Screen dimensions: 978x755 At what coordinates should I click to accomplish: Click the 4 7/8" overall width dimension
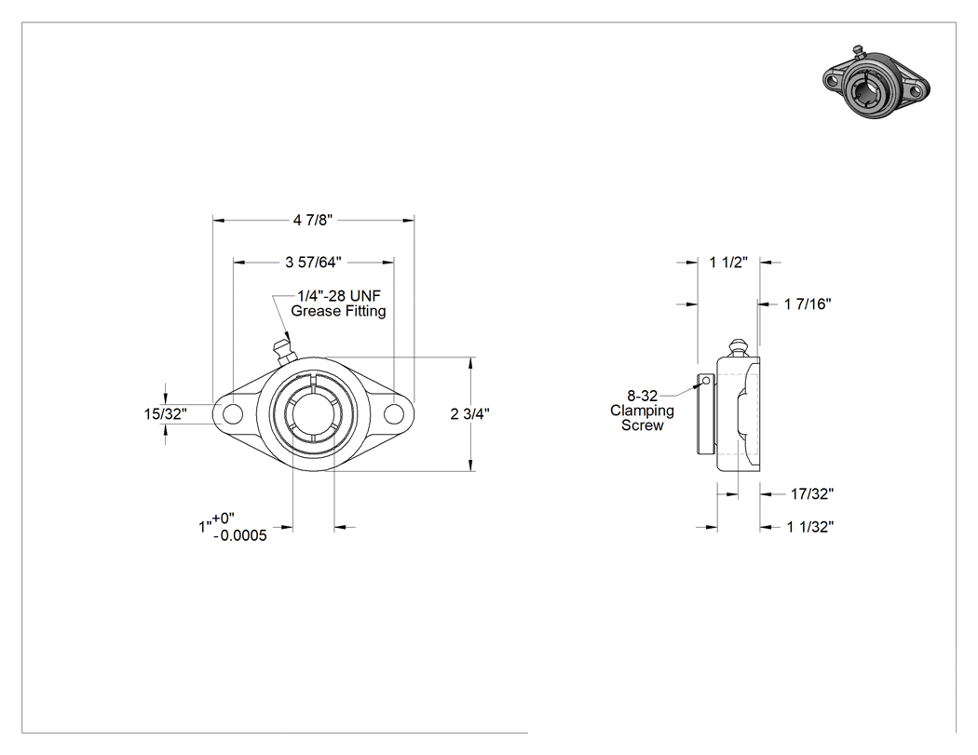tap(313, 220)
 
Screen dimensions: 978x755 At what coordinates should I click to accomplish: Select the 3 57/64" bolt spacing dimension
tap(313, 263)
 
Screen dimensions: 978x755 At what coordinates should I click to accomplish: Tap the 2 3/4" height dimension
tap(469, 414)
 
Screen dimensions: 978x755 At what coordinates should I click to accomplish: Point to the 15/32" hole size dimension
tap(165, 414)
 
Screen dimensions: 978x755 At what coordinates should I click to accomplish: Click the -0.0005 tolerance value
tap(240, 535)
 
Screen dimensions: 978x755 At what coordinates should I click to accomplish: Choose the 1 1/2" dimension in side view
tap(728, 263)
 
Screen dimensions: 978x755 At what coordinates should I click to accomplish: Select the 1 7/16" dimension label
tap(808, 304)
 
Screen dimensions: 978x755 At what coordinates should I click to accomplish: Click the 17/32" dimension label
tap(812, 493)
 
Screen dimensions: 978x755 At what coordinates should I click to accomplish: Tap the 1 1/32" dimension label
tap(810, 527)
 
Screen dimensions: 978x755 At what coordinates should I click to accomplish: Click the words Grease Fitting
tap(339, 311)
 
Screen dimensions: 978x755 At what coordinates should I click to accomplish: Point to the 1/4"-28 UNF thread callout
tap(339, 295)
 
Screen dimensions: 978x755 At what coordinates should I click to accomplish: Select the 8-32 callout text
tap(643, 396)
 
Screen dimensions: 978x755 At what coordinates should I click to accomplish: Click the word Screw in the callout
tap(643, 425)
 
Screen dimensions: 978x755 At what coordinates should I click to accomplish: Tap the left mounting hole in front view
tap(233, 413)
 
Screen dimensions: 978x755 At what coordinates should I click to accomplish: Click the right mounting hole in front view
tap(394, 413)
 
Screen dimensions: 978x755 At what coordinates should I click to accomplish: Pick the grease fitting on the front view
tap(282, 351)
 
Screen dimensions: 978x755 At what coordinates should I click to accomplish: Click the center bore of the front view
tap(313, 413)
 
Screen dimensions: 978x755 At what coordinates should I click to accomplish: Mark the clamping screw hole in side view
tap(705, 381)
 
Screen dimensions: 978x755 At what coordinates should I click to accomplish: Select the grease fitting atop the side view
tap(738, 348)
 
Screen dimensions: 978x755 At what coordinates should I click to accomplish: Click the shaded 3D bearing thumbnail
tap(876, 83)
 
